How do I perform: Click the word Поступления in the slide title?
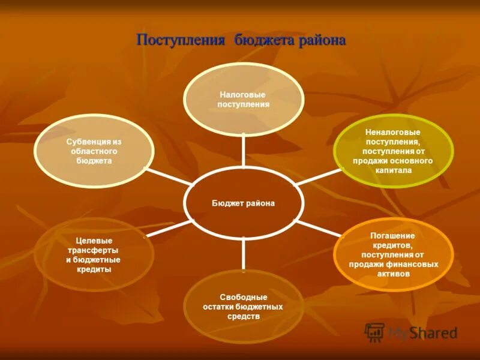click(181, 41)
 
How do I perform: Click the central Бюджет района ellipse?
click(243, 203)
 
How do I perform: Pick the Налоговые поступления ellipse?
click(243, 100)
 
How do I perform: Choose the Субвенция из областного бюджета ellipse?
click(94, 151)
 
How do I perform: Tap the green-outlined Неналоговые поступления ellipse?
click(393, 151)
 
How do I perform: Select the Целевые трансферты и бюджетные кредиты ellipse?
click(94, 255)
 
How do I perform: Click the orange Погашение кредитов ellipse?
click(393, 254)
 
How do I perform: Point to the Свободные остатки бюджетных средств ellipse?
click(243, 306)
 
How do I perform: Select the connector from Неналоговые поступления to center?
click(317, 177)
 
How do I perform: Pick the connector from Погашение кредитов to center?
click(317, 229)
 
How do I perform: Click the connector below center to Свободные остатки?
click(243, 254)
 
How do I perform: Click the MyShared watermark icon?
click(374, 332)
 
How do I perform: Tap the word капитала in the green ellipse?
click(393, 170)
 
